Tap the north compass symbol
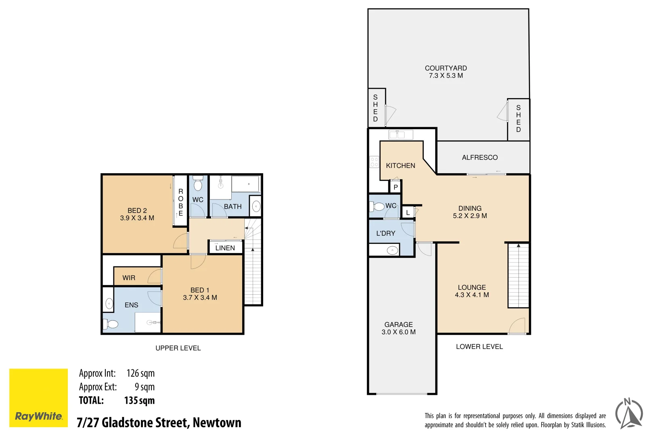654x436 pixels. (629, 413)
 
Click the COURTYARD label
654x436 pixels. (446, 68)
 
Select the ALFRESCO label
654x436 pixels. (480, 157)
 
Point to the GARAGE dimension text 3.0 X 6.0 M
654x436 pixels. (398, 332)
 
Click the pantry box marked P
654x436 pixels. (396, 187)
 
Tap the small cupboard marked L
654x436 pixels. (408, 212)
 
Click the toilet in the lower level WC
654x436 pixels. (377, 207)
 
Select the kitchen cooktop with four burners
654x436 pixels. (374, 162)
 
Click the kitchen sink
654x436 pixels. (400, 134)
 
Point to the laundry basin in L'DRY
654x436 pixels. (392, 250)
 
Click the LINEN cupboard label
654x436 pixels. (225, 248)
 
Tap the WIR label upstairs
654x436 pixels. (129, 278)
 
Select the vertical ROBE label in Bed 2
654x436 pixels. (180, 202)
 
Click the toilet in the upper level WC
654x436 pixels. (198, 184)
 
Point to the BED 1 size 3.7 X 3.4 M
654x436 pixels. (200, 298)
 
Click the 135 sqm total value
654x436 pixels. (139, 400)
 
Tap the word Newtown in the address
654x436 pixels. (217, 423)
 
